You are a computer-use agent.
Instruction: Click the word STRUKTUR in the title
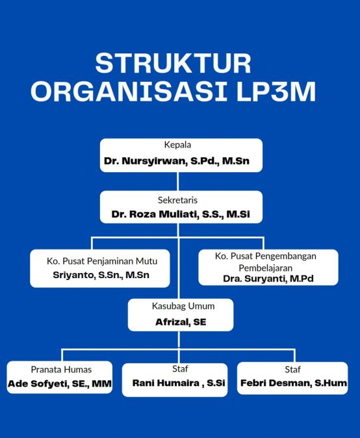[x=173, y=64]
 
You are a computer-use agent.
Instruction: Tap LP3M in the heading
[x=276, y=92]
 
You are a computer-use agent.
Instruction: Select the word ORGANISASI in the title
[x=129, y=92]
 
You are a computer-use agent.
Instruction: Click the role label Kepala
[x=177, y=145]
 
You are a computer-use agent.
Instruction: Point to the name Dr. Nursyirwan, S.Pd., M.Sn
[x=177, y=161]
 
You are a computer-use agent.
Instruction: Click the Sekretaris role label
[x=177, y=200]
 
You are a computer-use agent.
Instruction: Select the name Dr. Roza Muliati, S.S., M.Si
[x=181, y=214]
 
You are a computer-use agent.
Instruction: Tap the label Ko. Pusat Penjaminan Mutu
[x=102, y=261]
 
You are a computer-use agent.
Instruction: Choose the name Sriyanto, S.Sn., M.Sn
[x=101, y=275]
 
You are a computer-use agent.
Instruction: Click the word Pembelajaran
[x=265, y=268]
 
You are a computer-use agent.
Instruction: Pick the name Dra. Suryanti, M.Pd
[x=268, y=279]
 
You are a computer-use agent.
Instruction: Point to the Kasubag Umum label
[x=183, y=306]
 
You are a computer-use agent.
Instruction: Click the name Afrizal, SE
[x=181, y=322]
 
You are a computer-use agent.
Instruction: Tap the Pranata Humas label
[x=61, y=370]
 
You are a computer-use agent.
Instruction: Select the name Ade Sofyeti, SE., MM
[x=60, y=383]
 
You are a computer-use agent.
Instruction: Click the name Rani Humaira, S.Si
[x=179, y=383]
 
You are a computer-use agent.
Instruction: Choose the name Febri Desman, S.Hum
[x=294, y=383]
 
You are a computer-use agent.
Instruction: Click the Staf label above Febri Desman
[x=292, y=370]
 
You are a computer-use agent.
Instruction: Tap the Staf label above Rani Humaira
[x=180, y=368]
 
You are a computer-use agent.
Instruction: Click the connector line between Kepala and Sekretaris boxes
[x=178, y=181]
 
